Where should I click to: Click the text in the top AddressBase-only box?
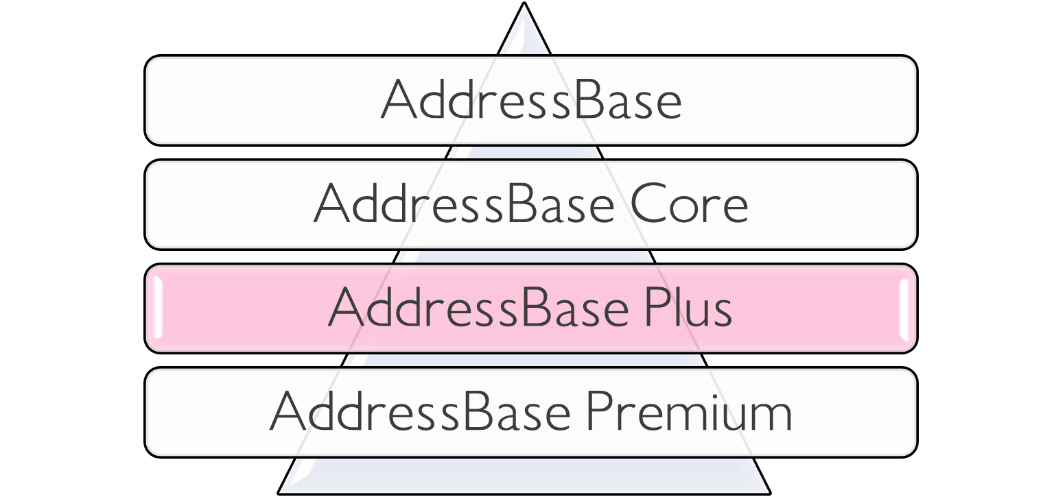(x=531, y=100)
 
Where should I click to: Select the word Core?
(x=689, y=204)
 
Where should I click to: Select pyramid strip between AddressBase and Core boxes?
(x=524, y=151)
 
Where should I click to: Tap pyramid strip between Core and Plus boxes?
(x=524, y=256)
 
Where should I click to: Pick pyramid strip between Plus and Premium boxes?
(x=524, y=360)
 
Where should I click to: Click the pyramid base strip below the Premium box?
(x=524, y=474)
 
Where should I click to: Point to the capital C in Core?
(x=648, y=204)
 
